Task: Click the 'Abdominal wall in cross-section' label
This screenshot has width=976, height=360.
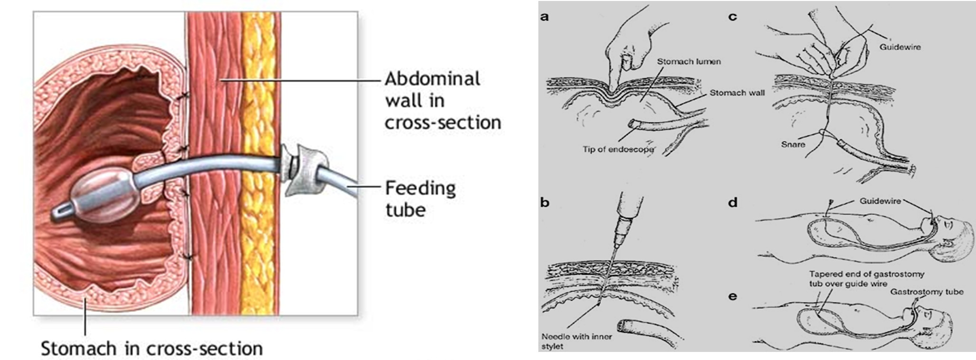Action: (x=442, y=101)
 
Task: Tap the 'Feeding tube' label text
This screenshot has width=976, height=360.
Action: (x=420, y=199)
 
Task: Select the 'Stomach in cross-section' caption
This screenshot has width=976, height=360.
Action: (x=152, y=348)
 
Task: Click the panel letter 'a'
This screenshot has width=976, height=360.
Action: (x=545, y=18)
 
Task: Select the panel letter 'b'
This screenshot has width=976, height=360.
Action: (x=545, y=202)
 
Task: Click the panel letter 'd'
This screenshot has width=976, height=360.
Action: (x=733, y=202)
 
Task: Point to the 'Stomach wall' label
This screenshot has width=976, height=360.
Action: (x=737, y=93)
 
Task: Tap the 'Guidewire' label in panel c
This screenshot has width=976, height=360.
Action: (x=900, y=47)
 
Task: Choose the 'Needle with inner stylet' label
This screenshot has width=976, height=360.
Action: (x=577, y=341)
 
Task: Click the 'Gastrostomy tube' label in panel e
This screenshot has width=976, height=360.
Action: (x=927, y=291)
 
